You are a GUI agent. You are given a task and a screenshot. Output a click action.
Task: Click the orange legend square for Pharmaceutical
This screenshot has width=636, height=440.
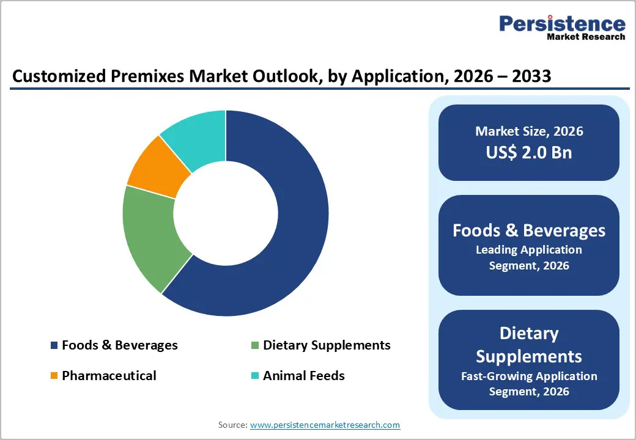54,376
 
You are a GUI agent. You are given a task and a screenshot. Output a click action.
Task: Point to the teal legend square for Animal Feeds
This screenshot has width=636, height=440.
255,376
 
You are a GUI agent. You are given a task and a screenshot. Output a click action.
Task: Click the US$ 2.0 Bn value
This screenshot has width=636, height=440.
529,152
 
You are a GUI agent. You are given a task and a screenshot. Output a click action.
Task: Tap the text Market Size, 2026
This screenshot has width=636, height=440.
529,131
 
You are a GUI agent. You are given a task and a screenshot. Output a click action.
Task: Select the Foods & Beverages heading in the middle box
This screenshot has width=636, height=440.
529,230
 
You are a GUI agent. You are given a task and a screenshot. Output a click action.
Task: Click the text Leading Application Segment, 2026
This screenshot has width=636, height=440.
529,257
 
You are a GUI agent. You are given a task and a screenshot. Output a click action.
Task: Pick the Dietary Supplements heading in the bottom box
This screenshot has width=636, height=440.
529,345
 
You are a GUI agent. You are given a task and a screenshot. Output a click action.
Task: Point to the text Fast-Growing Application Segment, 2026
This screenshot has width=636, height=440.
529,383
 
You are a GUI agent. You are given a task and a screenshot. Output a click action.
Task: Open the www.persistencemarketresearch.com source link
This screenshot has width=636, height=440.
325,425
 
